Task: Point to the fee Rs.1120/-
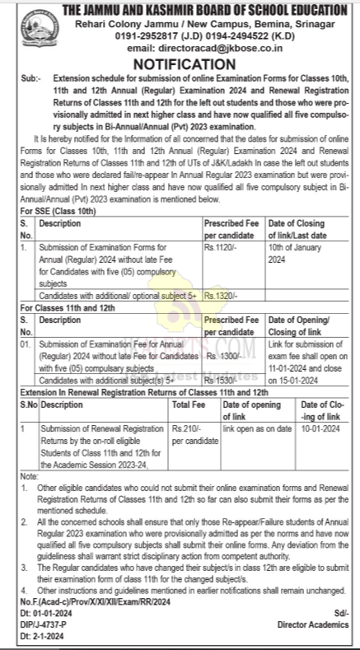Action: point(221,246)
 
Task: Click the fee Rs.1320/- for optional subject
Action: point(221,294)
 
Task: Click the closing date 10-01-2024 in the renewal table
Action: point(320,428)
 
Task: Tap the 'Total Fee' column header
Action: point(189,405)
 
